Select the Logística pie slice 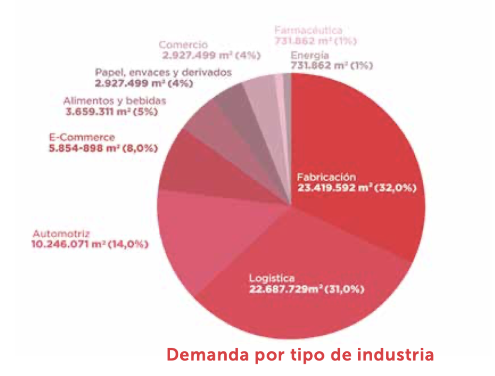[300, 309]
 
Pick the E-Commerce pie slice [193, 169]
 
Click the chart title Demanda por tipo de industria [300, 355]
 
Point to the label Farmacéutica [308, 31]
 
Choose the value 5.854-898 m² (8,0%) [103, 148]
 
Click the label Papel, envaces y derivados [163, 72]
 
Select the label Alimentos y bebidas [115, 101]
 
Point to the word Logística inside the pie [272, 278]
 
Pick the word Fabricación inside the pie [326, 176]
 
